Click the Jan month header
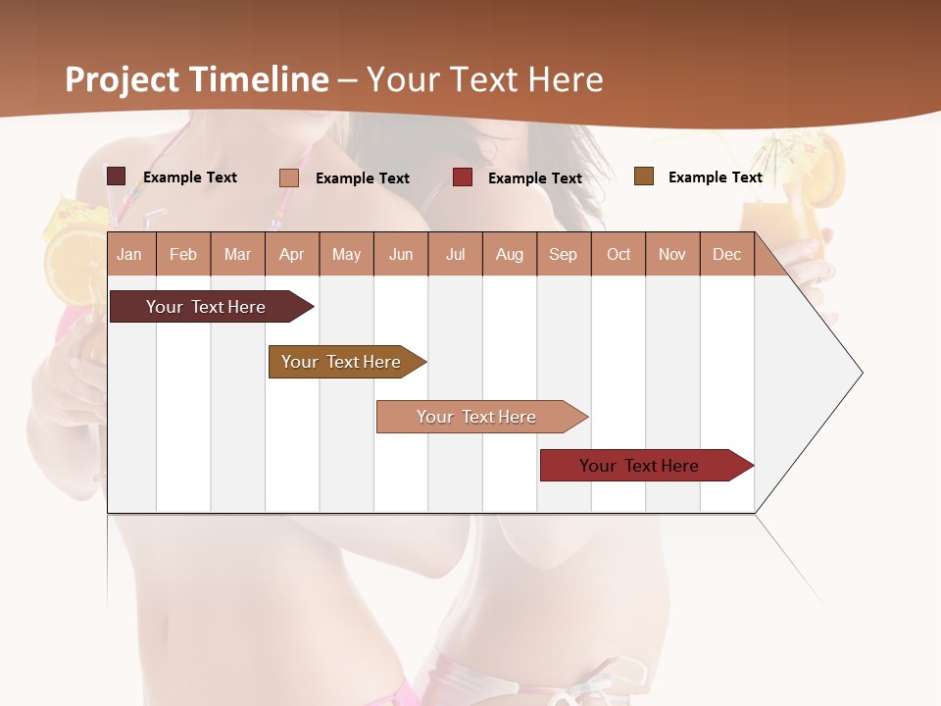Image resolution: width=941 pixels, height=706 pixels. (129, 255)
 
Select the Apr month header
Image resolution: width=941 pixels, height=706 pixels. (291, 255)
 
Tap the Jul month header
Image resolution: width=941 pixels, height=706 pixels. (455, 255)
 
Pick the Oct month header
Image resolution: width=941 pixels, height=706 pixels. (619, 255)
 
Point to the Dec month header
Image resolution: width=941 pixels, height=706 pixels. (726, 255)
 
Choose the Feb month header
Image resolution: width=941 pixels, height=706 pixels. (183, 255)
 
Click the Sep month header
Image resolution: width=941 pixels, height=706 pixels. (563, 255)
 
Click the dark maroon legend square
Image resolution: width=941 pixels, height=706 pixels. (116, 176)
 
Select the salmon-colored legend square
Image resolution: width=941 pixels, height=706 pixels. (288, 177)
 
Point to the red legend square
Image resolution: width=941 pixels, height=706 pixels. (463, 177)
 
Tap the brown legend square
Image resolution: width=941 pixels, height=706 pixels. (643, 176)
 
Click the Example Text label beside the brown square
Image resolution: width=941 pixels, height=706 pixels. (715, 177)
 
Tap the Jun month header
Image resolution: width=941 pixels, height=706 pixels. (401, 255)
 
